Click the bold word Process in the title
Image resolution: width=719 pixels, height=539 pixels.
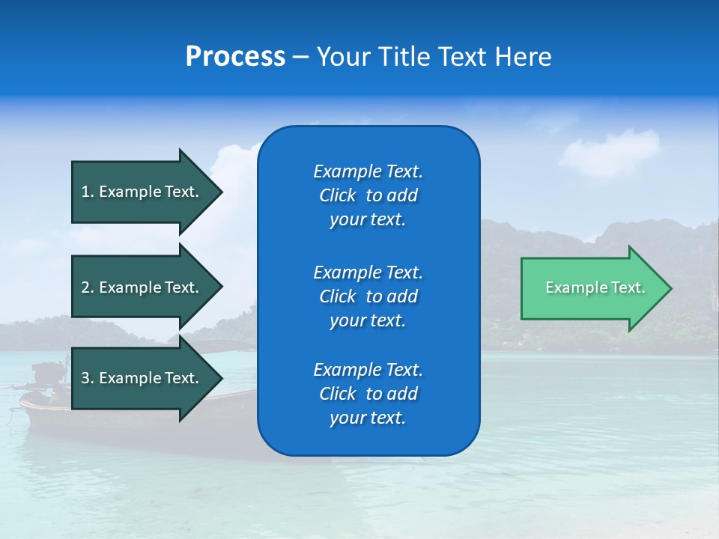(235, 57)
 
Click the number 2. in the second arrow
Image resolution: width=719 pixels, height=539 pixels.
(88, 287)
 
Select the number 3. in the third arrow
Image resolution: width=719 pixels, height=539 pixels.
(88, 378)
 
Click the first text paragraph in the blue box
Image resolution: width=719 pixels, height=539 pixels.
(368, 195)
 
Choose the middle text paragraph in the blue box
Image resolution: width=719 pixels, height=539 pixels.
(368, 296)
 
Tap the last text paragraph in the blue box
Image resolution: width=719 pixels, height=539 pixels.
(368, 394)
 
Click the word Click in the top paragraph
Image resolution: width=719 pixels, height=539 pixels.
(338, 195)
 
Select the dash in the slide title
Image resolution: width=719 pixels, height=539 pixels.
(300, 57)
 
